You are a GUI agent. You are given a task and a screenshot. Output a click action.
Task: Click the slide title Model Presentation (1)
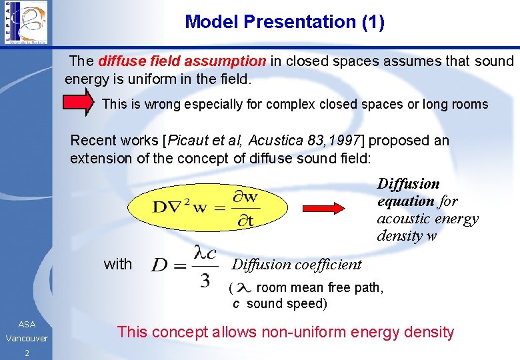(x=285, y=22)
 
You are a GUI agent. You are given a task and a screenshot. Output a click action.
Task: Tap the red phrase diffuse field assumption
(x=182, y=61)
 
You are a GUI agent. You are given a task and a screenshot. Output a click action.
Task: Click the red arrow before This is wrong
(x=79, y=103)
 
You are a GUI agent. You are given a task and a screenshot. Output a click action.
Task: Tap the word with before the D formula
(x=118, y=264)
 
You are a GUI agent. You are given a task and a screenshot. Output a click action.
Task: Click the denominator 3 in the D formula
(x=205, y=280)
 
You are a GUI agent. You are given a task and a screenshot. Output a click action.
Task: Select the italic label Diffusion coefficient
(x=297, y=264)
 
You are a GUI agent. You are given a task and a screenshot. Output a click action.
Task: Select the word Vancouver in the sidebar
(x=27, y=339)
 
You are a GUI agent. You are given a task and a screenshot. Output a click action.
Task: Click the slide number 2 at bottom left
(x=27, y=353)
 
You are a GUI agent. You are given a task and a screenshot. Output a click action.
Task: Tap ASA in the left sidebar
(x=27, y=324)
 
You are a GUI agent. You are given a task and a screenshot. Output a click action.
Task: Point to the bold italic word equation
(x=406, y=201)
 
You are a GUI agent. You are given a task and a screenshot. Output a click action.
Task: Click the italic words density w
(x=407, y=235)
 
